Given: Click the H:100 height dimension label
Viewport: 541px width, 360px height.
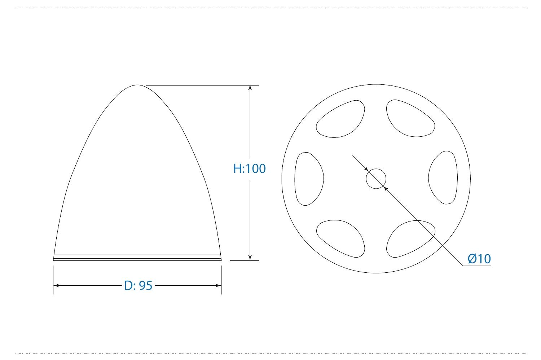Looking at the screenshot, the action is pyautogui.click(x=249, y=168).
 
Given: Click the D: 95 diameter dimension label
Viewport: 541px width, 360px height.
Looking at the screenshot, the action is pyautogui.click(x=138, y=285).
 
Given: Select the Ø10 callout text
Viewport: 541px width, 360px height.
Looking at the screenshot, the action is pyautogui.click(x=479, y=259).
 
